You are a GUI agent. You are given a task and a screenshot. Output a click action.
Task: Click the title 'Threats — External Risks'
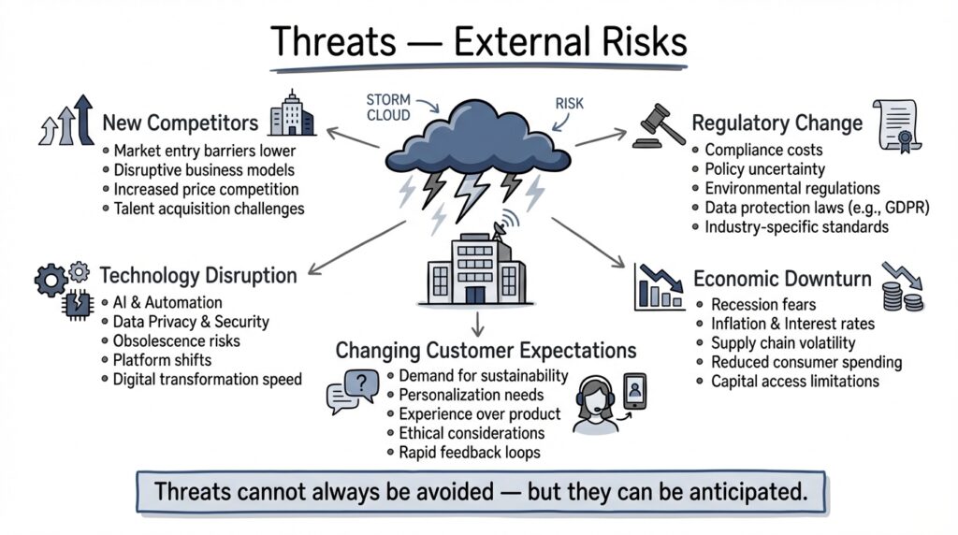[x=478, y=43]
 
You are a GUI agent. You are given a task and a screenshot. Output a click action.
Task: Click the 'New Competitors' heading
[x=180, y=123]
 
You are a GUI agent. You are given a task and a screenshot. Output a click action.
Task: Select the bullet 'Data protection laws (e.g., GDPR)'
[x=816, y=208]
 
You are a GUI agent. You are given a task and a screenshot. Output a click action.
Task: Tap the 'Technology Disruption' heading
[x=197, y=275]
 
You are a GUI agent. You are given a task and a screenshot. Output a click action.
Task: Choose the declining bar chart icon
[x=659, y=286]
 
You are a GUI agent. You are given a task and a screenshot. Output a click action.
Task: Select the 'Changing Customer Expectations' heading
[x=486, y=351]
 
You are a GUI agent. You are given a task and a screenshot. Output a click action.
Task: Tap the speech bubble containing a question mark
[x=354, y=390]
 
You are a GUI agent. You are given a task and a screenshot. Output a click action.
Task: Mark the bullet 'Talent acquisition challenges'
[x=209, y=209]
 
